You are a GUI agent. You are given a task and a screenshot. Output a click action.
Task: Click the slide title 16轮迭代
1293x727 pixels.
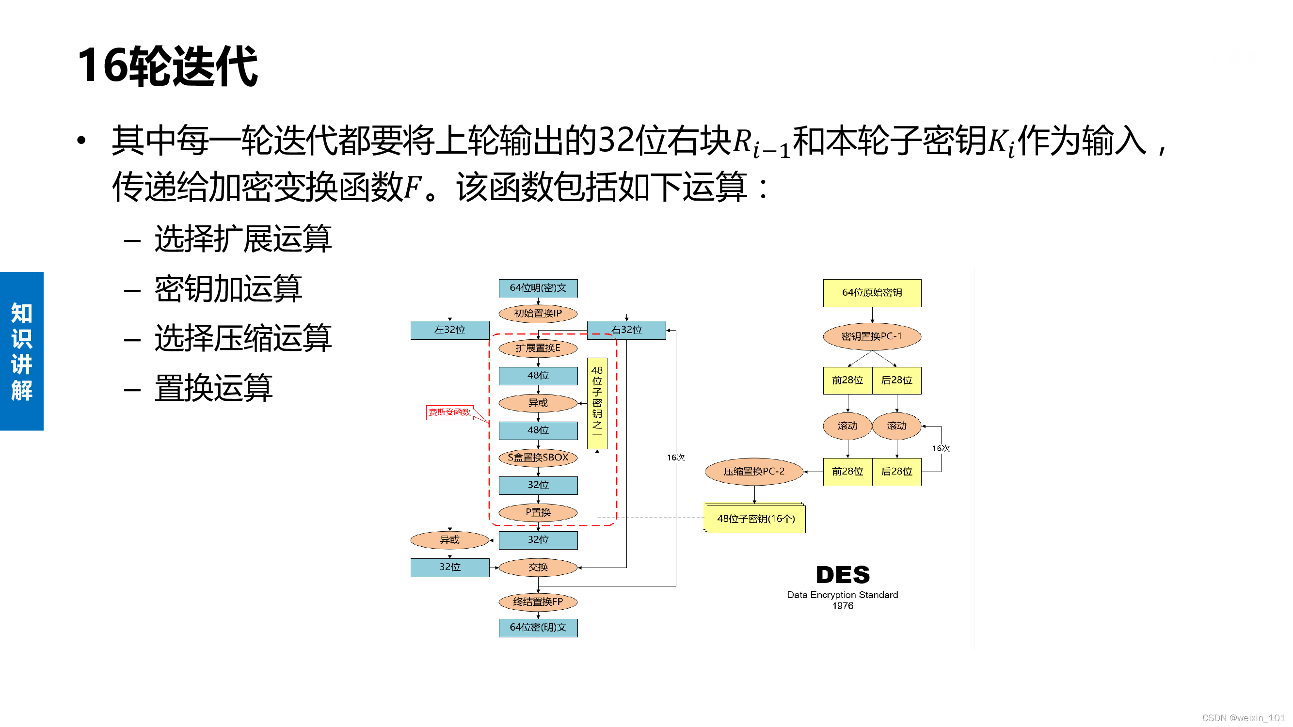(168, 66)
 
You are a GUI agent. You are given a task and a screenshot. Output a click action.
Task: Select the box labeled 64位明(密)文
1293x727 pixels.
(538, 288)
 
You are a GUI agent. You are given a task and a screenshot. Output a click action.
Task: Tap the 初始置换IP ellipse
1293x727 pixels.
(538, 313)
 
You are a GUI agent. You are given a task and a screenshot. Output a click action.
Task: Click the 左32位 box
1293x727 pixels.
(449, 330)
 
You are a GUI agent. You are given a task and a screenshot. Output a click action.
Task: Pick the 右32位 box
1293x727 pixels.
(626, 330)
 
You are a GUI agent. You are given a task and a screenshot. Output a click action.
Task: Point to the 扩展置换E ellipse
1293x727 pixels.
(538, 348)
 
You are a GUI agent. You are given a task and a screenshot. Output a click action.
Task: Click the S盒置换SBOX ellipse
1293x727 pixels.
(538, 457)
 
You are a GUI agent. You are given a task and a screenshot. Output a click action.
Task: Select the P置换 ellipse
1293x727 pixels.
(538, 512)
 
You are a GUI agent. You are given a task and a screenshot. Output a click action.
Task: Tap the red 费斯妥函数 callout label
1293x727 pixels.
(449, 412)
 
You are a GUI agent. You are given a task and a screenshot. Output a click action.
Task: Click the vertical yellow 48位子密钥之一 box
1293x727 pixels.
(597, 402)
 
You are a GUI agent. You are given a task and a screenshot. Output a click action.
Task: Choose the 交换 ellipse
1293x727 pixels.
(538, 567)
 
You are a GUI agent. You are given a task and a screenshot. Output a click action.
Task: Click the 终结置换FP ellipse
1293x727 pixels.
(538, 601)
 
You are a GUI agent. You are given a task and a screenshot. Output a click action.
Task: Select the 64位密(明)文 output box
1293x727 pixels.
(538, 627)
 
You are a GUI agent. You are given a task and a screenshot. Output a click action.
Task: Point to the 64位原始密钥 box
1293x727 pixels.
(872, 292)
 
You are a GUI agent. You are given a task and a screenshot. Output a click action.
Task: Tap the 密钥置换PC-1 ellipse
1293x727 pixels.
(872, 336)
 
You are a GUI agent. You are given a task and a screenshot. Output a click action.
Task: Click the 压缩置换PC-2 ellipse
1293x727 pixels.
(753, 471)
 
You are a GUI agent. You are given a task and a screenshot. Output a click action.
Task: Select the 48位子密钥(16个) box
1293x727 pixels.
(755, 518)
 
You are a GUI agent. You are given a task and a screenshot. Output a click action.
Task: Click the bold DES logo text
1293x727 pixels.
(842, 574)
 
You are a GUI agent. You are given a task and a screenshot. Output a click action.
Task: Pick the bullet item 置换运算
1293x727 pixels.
(213, 388)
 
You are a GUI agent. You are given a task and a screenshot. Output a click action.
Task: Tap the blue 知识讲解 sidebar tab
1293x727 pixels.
(22, 351)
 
